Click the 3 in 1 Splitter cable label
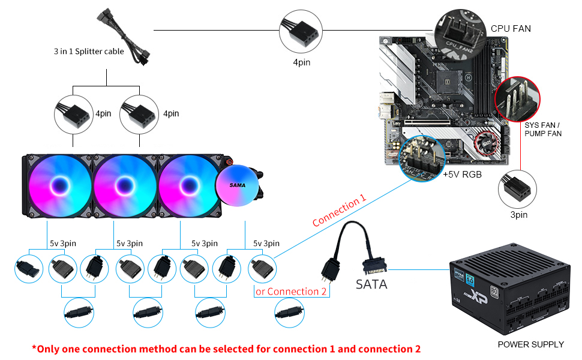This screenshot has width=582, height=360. point(89,52)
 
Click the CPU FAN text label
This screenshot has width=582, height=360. point(511,28)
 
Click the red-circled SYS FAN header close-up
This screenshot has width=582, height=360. point(517,100)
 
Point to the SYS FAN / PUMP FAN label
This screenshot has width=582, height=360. point(543,129)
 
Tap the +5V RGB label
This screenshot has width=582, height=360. point(463,175)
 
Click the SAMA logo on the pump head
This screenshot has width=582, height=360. point(237,185)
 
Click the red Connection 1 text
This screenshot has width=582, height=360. point(339,213)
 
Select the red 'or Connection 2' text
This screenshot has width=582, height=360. point(291,292)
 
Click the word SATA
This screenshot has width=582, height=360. point(371,284)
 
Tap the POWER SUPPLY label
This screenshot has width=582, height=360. point(530,344)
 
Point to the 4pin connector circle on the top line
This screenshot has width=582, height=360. point(300,29)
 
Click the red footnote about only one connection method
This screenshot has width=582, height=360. point(226,349)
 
